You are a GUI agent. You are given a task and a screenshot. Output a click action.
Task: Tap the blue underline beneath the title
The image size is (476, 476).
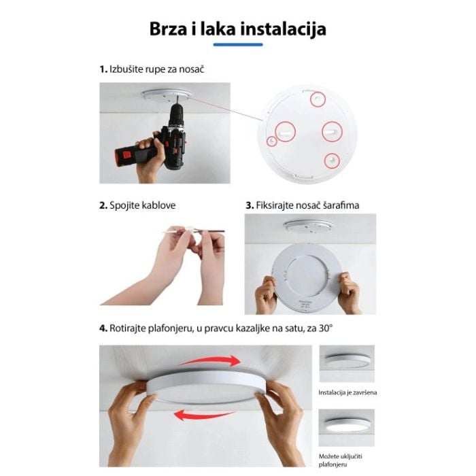coord(238,45)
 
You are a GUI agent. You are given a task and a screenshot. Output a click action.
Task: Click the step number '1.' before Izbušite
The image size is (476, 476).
coord(103,69)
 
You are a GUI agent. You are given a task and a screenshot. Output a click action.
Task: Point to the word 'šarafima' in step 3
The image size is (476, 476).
coord(341,205)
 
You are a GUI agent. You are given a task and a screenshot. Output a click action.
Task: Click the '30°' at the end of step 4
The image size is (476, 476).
coord(326,328)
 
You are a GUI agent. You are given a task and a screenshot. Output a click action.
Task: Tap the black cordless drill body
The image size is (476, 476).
coord(175,137)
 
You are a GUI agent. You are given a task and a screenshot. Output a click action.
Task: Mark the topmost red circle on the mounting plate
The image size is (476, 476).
coord(318,99)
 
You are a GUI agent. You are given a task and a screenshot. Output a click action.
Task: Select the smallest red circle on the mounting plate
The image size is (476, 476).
coord(272,141)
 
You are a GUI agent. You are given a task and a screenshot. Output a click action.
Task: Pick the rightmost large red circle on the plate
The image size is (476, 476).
coord(332,131)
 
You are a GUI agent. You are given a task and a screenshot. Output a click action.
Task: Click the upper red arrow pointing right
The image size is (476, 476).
coord(212,361)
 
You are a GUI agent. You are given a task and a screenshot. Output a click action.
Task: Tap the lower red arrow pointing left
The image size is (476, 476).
coord(203,414)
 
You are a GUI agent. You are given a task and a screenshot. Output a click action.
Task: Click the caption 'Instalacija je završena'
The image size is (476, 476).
coord(347,392)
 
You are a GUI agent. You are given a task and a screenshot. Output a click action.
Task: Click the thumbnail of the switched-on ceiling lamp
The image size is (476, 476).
coord(347,428)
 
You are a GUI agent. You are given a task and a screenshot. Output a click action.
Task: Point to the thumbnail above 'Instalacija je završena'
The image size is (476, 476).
coord(347,363)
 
